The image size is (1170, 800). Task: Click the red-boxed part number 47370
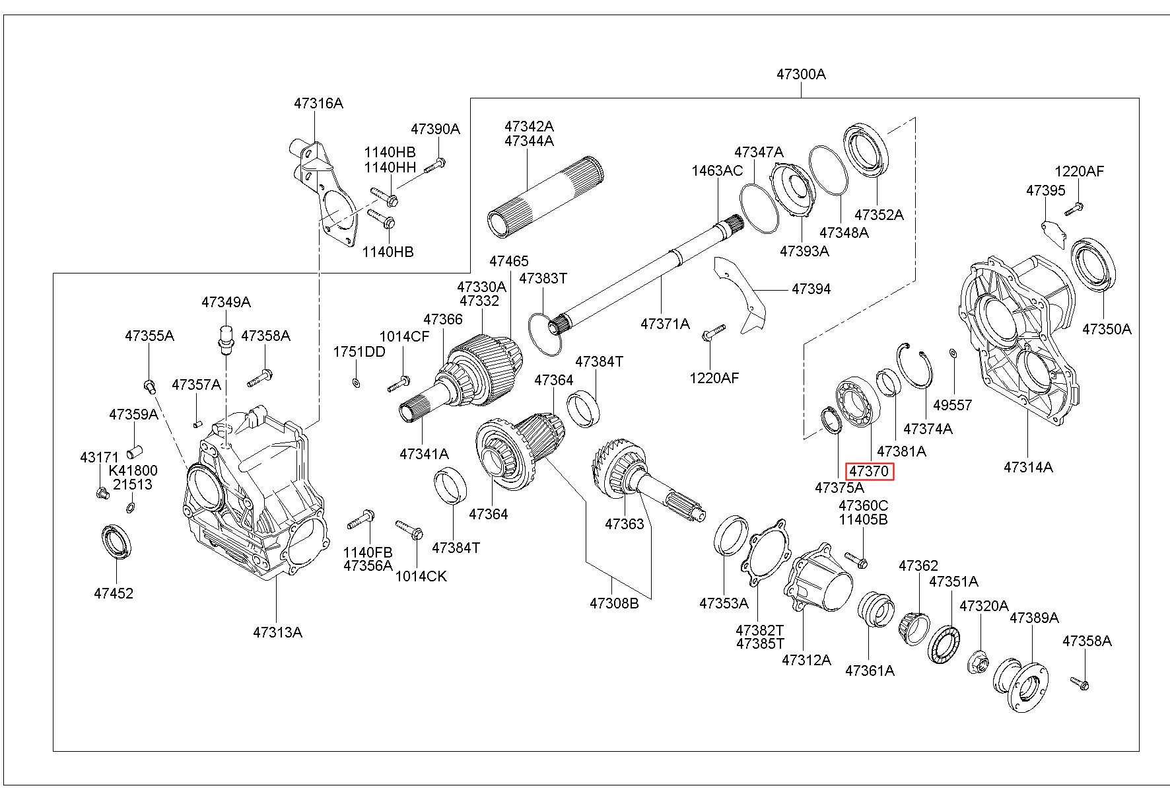coord(870,472)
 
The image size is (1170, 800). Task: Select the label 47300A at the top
coord(801,74)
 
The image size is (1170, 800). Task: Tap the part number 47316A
coord(318,103)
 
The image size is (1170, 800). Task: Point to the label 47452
coord(114,593)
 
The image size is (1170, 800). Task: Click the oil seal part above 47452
coord(116,541)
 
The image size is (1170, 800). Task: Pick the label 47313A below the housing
coord(277,632)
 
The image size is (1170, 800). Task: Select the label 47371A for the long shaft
coord(665,324)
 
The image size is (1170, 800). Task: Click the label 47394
coord(811,289)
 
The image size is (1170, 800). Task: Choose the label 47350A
coord(1107,329)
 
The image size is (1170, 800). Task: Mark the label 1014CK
coord(421,576)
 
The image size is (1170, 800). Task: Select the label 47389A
coord(1034,618)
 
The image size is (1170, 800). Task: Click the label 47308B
coord(614,603)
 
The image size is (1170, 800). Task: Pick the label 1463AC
coord(717,170)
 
